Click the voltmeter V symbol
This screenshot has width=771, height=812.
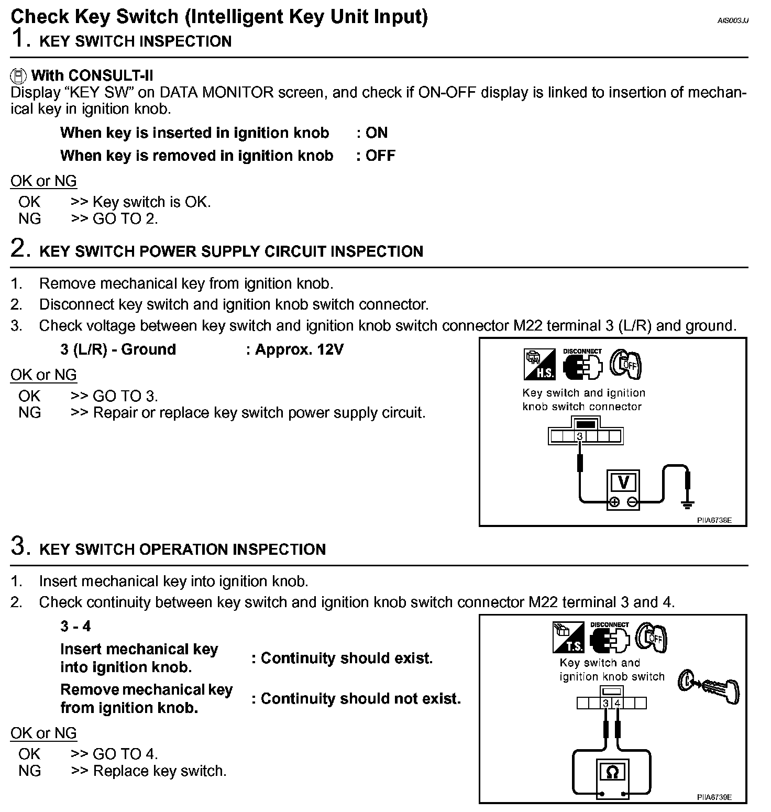click(623, 481)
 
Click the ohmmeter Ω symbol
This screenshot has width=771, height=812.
click(611, 772)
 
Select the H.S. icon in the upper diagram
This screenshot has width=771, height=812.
click(539, 365)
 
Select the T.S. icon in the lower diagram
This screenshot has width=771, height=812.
click(568, 638)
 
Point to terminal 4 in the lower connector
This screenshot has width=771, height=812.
click(617, 703)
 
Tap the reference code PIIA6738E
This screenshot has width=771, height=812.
click(714, 521)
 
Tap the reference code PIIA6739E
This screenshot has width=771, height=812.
click(714, 797)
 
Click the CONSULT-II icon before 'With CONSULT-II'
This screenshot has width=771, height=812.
click(18, 76)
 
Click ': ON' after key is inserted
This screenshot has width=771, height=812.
click(372, 133)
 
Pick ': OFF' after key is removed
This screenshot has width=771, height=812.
click(376, 156)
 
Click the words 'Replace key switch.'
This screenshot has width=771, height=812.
click(160, 771)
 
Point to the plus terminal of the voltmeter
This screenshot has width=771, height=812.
click(614, 502)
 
